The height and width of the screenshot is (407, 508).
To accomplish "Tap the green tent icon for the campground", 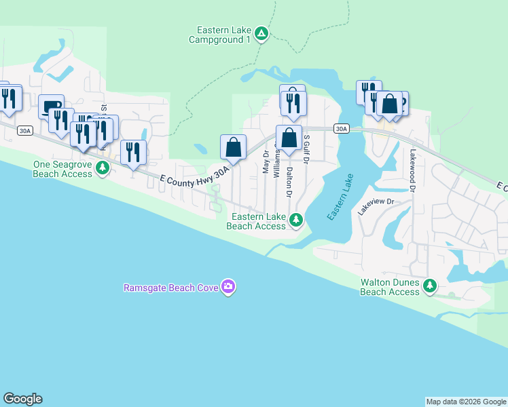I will click(x=262, y=33).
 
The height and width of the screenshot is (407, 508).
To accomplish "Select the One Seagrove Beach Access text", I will click(x=62, y=169).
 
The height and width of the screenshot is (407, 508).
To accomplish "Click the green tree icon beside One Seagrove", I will click(x=103, y=167).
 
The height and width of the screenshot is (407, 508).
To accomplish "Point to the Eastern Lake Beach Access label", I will click(x=258, y=221).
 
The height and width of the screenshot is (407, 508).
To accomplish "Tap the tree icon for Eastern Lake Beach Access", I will click(x=296, y=219).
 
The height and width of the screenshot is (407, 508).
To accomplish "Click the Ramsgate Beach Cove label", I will click(x=170, y=288).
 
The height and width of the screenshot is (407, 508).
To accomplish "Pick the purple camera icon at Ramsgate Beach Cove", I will click(x=228, y=287).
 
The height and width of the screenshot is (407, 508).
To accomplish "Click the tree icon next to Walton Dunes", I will click(x=429, y=287).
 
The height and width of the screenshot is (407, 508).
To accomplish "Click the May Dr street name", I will click(x=266, y=162).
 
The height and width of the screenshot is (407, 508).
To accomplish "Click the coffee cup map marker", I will click(x=51, y=106).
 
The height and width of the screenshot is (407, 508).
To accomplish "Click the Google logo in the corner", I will click(x=22, y=399).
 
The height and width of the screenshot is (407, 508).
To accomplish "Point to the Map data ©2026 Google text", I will click(x=466, y=402).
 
